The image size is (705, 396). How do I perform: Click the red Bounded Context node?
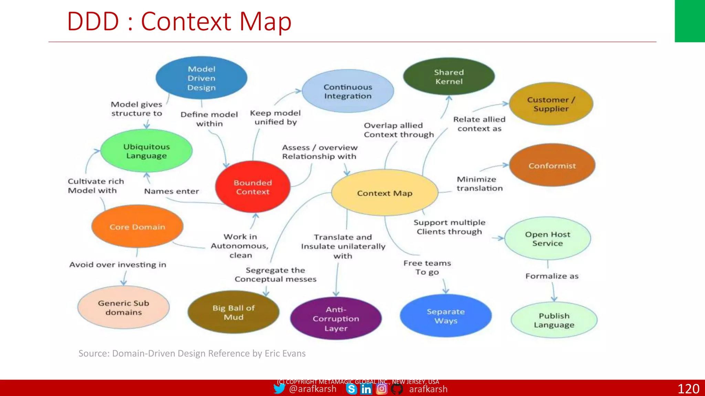[253, 187]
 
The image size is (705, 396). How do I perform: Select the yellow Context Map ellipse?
[385, 193]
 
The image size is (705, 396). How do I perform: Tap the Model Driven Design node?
[201, 78]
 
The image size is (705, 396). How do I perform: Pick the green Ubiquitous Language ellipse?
[146, 151]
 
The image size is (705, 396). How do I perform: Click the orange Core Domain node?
[137, 227]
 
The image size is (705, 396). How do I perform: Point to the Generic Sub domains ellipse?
[124, 307]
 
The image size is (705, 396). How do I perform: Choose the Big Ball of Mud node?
[233, 312]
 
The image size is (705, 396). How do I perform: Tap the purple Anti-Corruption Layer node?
[336, 319]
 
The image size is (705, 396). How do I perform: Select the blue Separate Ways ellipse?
[445, 316]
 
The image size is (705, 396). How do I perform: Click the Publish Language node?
[554, 320]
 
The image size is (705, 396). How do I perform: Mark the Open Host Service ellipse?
[547, 239]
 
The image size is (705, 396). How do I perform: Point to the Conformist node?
[552, 165]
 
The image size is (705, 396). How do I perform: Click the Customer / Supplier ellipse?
[551, 104]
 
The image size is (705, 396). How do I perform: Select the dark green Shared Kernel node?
[449, 77]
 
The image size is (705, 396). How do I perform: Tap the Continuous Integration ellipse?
[348, 91]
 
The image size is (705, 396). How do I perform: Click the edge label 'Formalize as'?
[551, 276]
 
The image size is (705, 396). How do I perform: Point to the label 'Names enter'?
[171, 191]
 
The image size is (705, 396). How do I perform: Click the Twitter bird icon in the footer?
[279, 389]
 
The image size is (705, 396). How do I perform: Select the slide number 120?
[688, 389]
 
